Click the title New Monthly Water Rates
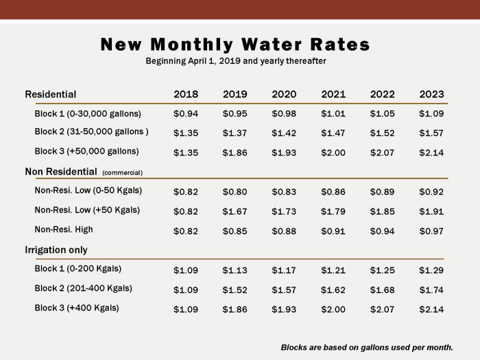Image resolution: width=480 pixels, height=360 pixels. click(x=235, y=45)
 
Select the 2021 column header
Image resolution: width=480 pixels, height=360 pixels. click(x=333, y=95)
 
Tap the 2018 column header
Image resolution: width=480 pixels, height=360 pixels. click(x=186, y=95)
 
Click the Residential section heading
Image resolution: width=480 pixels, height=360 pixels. click(x=51, y=95)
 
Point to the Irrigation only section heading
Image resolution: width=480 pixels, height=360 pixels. click(x=56, y=250)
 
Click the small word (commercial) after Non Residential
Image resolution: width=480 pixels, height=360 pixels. click(x=123, y=173)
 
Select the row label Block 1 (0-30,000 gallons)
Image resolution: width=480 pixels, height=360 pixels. click(x=88, y=114)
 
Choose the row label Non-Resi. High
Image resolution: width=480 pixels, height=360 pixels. click(x=64, y=230)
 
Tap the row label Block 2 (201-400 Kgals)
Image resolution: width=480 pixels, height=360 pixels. click(x=83, y=289)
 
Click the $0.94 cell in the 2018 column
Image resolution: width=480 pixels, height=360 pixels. click(x=186, y=114)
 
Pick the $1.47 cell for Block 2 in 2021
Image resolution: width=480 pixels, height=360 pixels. click(x=333, y=133)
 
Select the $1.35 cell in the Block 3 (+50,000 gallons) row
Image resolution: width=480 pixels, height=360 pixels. click(x=186, y=152)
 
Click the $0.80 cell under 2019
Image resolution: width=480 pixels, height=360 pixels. click(x=235, y=192)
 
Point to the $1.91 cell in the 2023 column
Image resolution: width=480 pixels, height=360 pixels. click(x=431, y=211)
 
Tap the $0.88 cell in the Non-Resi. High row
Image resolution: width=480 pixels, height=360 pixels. click(x=284, y=231)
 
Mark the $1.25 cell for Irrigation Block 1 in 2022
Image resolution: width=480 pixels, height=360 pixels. click(x=382, y=269)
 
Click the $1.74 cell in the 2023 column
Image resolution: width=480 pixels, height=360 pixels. click(x=431, y=289)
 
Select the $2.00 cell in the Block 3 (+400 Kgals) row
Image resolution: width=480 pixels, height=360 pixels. click(x=333, y=309)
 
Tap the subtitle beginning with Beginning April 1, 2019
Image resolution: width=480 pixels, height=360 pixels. click(x=235, y=61)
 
